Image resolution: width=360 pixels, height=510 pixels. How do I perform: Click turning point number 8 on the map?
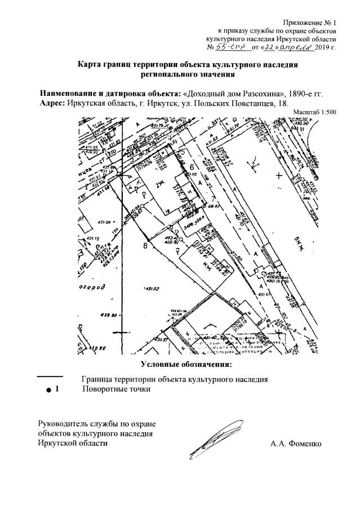pos(145,246)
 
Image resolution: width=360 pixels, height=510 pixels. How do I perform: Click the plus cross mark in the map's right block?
pos(278,176)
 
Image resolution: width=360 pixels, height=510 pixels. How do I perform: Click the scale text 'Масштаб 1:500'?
pos(314,112)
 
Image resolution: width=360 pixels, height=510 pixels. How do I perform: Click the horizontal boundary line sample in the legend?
pos(49,376)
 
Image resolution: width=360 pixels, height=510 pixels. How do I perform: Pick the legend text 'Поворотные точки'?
pos(116,389)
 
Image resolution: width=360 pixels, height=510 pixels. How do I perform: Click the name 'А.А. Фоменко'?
pos(295,444)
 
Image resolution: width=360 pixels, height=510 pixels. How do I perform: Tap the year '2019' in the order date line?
pos(322,48)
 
